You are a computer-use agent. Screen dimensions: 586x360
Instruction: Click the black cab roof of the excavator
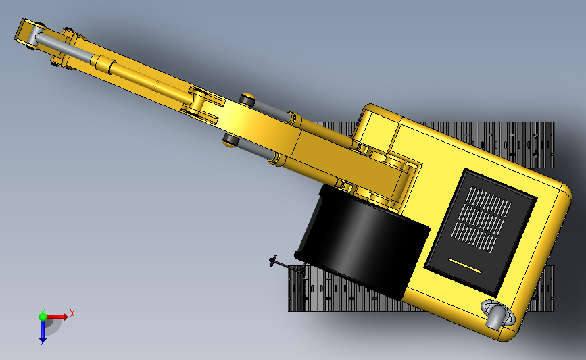[x=362, y=240]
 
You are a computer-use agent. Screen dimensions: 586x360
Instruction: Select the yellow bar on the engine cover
[x=464, y=265]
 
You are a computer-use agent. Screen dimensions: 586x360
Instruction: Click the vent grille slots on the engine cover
[x=481, y=217]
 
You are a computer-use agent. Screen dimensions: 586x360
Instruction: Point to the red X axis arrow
[x=57, y=317]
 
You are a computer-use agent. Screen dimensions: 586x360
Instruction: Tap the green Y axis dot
[x=43, y=317]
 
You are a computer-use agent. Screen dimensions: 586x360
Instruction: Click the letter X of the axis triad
[x=72, y=313]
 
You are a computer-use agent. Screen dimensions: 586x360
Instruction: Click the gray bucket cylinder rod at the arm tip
[x=64, y=47]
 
